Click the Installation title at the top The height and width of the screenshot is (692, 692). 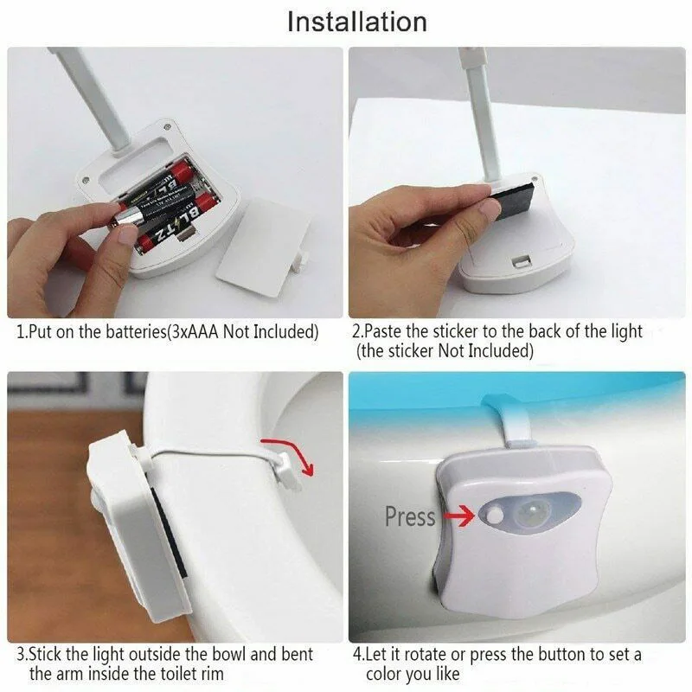(x=356, y=21)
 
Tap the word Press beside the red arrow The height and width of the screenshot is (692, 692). (x=409, y=517)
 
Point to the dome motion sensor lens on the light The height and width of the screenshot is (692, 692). (x=529, y=510)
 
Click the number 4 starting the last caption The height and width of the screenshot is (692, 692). (x=357, y=654)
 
